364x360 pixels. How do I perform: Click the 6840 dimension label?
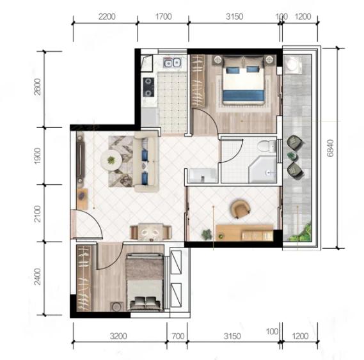[330, 148]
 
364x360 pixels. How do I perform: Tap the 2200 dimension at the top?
[107, 17]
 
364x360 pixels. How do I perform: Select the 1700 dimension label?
[163, 17]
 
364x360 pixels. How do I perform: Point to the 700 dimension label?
[178, 336]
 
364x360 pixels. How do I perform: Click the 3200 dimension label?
[118, 336]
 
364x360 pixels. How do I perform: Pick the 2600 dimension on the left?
[37, 87]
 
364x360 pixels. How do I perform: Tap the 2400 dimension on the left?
[37, 277]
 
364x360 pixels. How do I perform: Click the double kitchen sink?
[172, 62]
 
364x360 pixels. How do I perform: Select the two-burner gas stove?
[148, 87]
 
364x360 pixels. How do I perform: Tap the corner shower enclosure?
[262, 169]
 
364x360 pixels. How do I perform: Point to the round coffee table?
[111, 160]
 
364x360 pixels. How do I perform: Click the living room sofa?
[146, 162]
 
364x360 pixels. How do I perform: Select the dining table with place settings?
[151, 231]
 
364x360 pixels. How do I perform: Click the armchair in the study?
[241, 208]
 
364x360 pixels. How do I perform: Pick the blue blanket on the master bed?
[243, 96]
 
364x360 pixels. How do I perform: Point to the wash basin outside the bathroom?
[202, 175]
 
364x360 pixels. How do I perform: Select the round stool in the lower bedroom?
[116, 306]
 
